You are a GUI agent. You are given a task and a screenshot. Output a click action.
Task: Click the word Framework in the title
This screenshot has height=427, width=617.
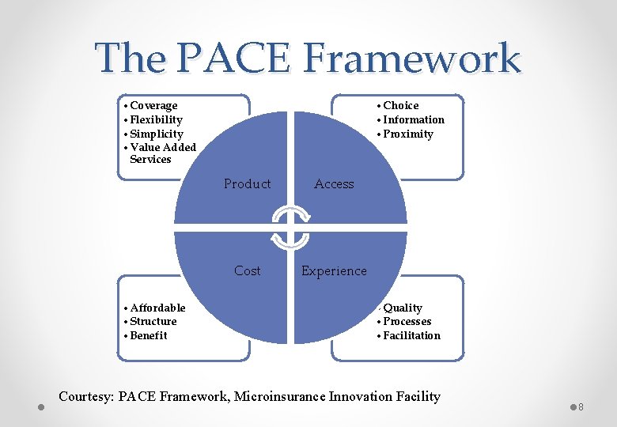(411, 58)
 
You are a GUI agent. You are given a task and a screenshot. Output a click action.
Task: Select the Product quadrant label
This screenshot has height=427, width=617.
(247, 183)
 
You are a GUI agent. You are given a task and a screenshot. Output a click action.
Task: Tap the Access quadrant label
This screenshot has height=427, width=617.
(334, 183)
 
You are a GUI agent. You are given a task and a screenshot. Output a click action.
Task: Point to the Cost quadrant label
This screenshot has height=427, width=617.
(247, 270)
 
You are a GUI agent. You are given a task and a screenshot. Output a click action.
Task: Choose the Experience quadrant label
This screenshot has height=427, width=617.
(334, 270)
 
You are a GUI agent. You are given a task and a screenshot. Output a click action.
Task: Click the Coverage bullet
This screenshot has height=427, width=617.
(153, 105)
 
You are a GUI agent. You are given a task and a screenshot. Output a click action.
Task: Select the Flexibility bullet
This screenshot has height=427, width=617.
(156, 119)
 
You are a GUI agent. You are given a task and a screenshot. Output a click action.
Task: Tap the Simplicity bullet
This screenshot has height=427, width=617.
(156, 134)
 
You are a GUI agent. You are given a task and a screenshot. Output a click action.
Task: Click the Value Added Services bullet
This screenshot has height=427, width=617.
(162, 153)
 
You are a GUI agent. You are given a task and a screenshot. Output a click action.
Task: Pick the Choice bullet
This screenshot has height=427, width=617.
(400, 105)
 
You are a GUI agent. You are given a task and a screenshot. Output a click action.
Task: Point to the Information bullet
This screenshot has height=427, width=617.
(413, 119)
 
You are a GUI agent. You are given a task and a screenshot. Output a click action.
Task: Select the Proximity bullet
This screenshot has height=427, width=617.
(407, 134)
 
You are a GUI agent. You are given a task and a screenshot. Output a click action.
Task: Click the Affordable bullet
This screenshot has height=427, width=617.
(157, 308)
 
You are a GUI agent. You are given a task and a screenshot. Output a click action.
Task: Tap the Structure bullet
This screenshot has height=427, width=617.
(153, 321)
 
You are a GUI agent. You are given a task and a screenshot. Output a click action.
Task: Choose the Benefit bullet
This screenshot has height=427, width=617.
(149, 335)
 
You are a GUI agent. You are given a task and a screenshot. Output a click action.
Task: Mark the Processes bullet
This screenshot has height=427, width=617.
(407, 321)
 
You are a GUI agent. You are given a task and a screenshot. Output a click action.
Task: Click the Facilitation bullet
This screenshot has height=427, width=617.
(411, 335)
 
